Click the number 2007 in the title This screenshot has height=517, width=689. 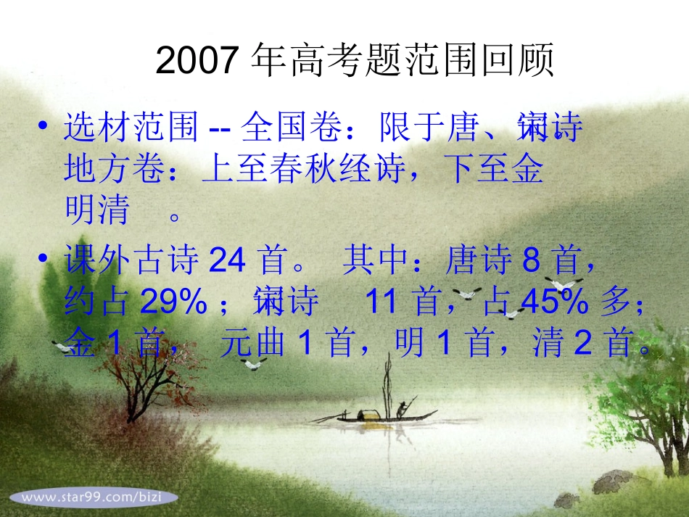point(197,61)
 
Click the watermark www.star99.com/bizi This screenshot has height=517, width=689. point(91,497)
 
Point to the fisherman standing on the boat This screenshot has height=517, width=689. point(402,408)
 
